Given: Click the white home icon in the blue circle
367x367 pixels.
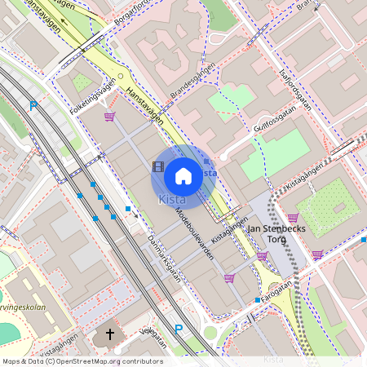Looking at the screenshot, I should (x=183, y=175).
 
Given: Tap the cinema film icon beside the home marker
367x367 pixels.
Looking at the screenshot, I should (x=157, y=166).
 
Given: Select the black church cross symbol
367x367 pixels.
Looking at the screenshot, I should (x=108, y=336).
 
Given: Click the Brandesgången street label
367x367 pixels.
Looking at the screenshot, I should (x=193, y=86).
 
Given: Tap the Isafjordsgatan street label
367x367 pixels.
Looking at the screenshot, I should (x=295, y=87).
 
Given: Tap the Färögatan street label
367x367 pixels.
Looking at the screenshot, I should (x=276, y=290).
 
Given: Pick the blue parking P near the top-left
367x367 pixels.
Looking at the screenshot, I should (x=33, y=106).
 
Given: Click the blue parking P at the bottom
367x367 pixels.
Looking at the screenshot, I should (x=179, y=329).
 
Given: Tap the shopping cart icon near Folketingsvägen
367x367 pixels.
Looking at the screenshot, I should (x=108, y=117).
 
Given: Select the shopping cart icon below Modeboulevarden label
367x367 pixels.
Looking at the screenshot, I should (x=229, y=278).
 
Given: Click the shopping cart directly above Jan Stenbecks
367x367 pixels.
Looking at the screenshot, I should (x=293, y=218).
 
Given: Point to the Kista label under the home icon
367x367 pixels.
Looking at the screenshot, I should (x=172, y=199).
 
